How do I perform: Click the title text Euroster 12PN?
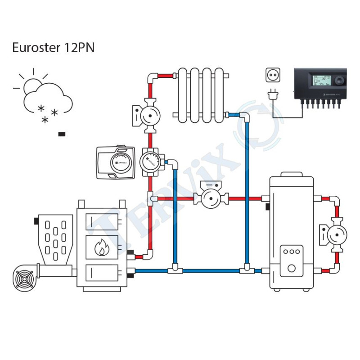[x=53, y=48]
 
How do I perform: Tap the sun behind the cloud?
[x=32, y=84]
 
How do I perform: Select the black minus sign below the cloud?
[x=62, y=134]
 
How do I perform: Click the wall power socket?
[x=272, y=75]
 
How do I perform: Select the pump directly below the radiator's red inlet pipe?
[x=147, y=117]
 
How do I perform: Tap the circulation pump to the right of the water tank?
[x=336, y=234]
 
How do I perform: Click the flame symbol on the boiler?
[x=101, y=247]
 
